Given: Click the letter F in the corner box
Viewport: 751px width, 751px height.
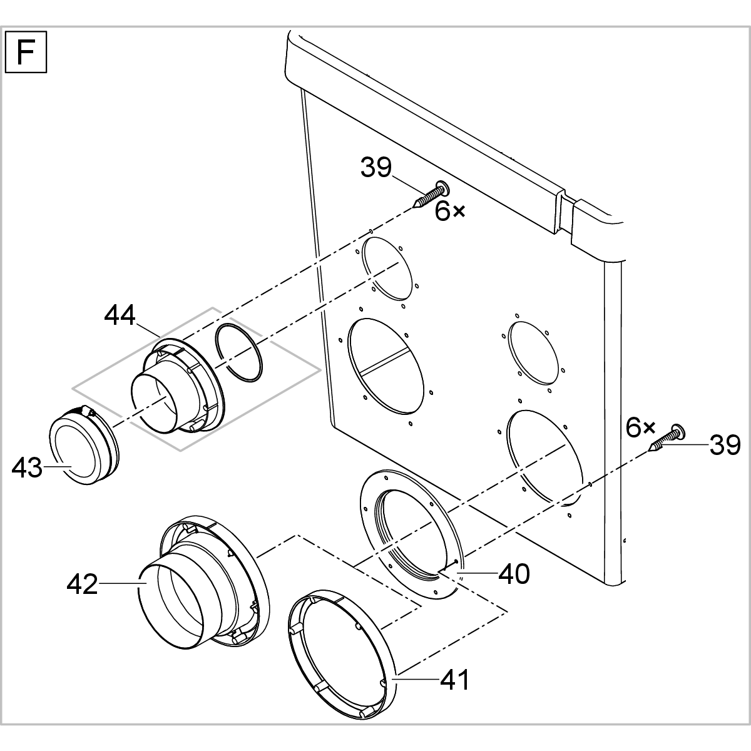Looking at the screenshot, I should click(26, 53).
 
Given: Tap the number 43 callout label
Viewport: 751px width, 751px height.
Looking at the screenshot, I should click(28, 467).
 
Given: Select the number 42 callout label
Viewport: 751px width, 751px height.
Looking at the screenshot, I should click(83, 585).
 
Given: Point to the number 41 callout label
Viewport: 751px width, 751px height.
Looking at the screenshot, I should click(455, 680).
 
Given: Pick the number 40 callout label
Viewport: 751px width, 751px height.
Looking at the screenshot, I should click(514, 573).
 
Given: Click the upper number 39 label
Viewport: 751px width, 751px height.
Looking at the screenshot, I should click(376, 168).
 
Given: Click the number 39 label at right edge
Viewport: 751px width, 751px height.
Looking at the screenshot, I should click(725, 446).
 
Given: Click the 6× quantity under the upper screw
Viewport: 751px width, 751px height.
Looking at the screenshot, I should click(451, 212).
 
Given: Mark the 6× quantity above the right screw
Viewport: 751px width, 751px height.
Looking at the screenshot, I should click(640, 428).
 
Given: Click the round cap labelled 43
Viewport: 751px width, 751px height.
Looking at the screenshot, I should click(78, 448).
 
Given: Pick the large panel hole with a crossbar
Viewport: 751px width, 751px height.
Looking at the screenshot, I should click(389, 365).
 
